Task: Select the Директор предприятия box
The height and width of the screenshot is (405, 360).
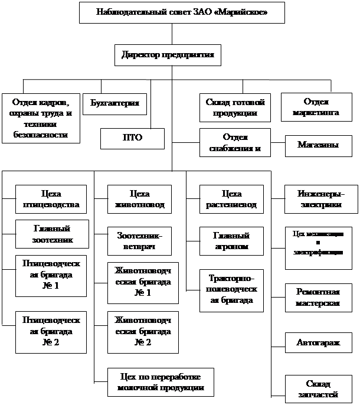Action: click(x=168, y=55)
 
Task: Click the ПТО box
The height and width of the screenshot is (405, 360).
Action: click(x=132, y=139)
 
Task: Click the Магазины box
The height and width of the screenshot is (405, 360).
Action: click(x=318, y=145)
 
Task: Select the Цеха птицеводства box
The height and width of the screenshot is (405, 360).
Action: click(x=52, y=200)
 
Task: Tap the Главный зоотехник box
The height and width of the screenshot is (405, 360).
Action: click(x=52, y=234)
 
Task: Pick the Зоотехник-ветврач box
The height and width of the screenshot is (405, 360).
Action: click(x=139, y=240)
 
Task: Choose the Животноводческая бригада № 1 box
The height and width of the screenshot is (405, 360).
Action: click(x=139, y=280)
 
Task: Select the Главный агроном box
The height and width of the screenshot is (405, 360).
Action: click(x=231, y=241)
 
